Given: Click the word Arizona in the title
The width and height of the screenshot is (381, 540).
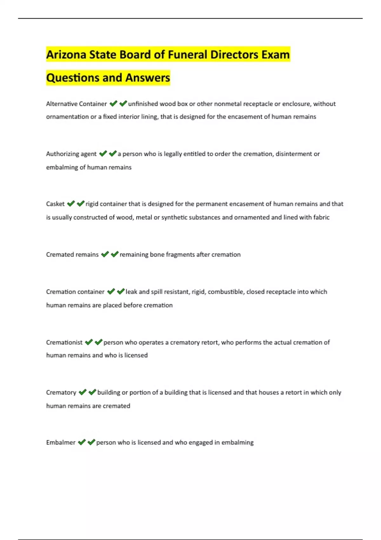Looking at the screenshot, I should (x=66, y=55).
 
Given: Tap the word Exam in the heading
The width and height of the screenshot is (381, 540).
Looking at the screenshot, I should (x=275, y=55).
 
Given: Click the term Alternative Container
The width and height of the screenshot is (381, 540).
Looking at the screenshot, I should (x=76, y=104).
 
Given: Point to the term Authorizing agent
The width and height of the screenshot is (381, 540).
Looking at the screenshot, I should (x=71, y=154).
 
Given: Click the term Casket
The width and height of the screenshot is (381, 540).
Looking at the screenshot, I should (x=55, y=204).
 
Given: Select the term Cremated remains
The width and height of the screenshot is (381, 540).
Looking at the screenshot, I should (x=72, y=254).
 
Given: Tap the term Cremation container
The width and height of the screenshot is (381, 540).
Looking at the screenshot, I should (x=75, y=292).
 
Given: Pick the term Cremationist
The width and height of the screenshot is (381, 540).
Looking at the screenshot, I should (x=64, y=342).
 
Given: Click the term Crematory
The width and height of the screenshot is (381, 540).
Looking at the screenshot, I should (x=61, y=393).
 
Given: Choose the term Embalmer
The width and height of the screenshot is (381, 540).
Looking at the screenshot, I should (x=61, y=442).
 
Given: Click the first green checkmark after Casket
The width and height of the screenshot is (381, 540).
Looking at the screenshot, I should (x=71, y=204).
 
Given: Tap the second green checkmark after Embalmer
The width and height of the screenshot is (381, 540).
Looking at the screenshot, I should (x=91, y=442).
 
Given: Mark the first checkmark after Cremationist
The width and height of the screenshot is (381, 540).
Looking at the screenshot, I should (x=89, y=342).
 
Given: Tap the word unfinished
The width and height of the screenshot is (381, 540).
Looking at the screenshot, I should (x=143, y=104).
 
